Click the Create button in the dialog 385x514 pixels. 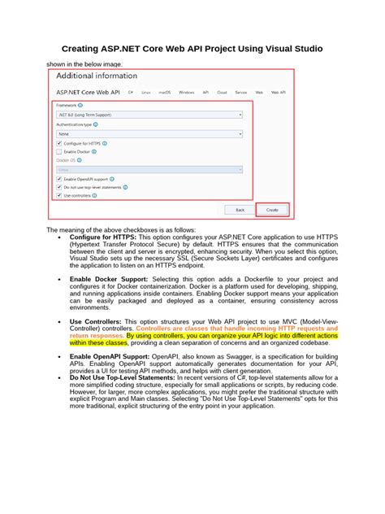(271, 209)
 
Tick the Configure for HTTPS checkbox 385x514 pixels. (59, 143)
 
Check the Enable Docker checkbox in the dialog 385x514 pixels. (59, 151)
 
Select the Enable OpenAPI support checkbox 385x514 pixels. (59, 179)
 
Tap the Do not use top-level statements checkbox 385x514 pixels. (59, 187)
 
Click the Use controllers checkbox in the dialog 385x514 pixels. (59, 195)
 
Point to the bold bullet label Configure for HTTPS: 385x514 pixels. (103, 237)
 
